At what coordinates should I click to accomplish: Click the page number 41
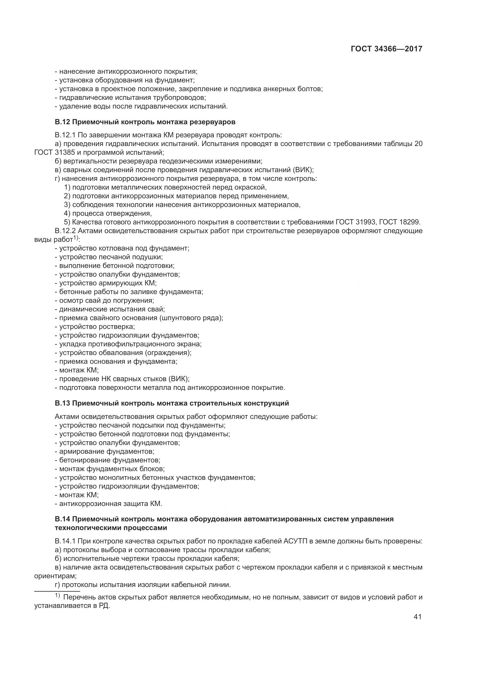point(417,617)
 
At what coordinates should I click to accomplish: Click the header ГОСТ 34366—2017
point(387,49)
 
